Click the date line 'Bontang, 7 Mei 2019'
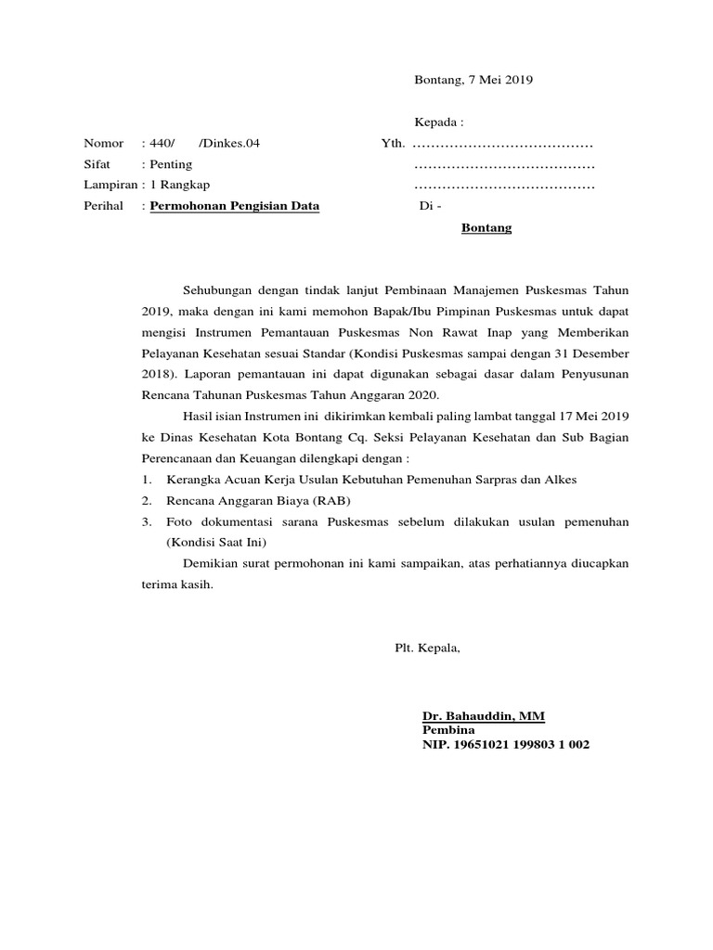pyautogui.click(x=473, y=80)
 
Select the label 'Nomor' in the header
pyautogui.click(x=103, y=144)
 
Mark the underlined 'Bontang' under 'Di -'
pyautogui.click(x=486, y=227)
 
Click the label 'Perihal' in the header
pyautogui.click(x=103, y=206)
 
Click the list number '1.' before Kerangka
pyautogui.click(x=147, y=480)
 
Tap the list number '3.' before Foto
pyautogui.click(x=147, y=522)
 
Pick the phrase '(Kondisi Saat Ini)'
pyautogui.click(x=215, y=542)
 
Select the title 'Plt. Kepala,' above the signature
pyautogui.click(x=427, y=648)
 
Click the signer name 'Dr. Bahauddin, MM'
pyautogui.click(x=484, y=717)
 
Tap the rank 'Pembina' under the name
pyautogui.click(x=448, y=730)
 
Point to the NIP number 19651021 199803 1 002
pyautogui.click(x=505, y=744)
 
